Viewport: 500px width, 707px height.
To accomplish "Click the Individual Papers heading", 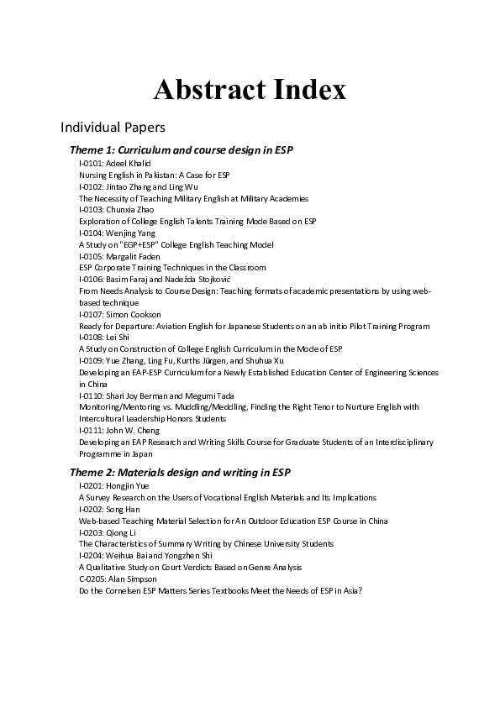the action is pos(113,128).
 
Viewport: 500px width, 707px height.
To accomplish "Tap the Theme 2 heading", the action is pos(181,473).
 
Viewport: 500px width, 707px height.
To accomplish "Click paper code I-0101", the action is pos(91,163).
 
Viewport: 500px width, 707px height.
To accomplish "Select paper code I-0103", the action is pos(91,209).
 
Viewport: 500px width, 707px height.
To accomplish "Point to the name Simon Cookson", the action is pos(130,314).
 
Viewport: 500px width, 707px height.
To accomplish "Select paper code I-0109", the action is pos(91,360).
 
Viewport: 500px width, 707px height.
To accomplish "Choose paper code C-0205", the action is pos(91,579).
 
